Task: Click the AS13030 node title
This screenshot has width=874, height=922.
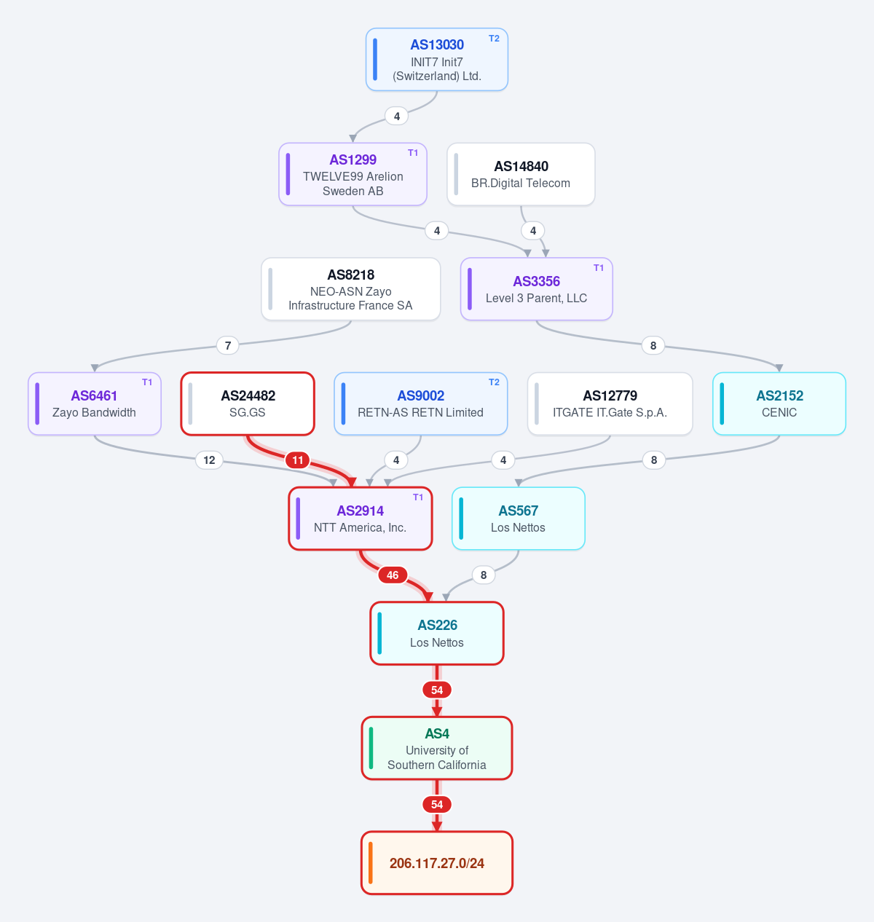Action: (437, 44)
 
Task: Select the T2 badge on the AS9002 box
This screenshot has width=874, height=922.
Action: (494, 382)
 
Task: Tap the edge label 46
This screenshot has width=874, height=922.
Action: (393, 575)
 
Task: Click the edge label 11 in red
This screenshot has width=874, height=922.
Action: (298, 460)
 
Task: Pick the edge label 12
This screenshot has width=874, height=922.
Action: (209, 460)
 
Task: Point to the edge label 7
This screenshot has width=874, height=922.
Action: (228, 346)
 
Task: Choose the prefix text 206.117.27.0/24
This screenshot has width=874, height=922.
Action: (437, 864)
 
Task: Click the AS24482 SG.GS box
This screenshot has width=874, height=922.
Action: (248, 403)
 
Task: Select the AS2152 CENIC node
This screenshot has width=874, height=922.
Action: (779, 403)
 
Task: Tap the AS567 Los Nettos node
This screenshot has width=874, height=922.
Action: (519, 519)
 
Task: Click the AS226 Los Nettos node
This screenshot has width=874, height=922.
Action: (437, 633)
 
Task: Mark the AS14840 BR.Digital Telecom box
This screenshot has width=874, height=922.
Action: (521, 175)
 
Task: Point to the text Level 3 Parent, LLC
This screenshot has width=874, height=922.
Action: (536, 299)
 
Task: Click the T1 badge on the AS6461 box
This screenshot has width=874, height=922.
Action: (147, 382)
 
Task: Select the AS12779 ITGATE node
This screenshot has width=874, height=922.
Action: (610, 403)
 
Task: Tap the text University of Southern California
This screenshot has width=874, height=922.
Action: (437, 757)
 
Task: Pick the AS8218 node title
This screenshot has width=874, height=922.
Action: (351, 275)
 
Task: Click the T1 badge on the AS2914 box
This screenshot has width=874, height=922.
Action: (418, 497)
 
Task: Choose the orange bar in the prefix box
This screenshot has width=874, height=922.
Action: (371, 863)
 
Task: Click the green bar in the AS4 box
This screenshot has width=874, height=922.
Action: (371, 748)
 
